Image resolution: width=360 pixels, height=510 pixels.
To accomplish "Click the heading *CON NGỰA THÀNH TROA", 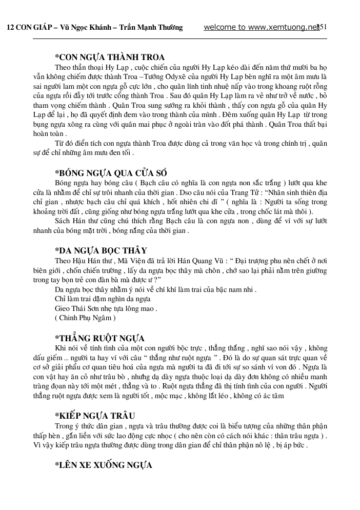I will pos(110,57).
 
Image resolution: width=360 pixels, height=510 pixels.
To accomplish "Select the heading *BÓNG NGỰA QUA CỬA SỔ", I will pos(111,172).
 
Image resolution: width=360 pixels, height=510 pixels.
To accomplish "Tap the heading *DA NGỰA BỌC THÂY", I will pos(101,250).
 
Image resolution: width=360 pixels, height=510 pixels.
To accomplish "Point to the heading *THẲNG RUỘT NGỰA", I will pos(99,338).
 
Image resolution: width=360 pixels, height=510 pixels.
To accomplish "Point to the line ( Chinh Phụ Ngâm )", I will pos(85,318).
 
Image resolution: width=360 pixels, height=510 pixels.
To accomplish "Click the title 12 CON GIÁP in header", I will pos(29,28).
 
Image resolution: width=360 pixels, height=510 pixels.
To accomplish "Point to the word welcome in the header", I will pos(220,27).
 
